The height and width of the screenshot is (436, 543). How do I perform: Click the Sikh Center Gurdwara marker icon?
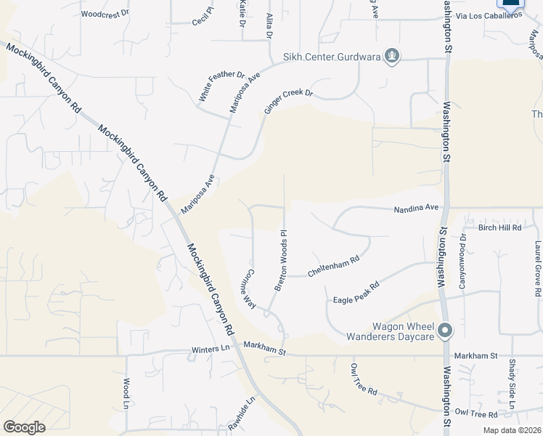392,56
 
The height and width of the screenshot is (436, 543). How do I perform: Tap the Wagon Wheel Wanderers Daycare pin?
446,331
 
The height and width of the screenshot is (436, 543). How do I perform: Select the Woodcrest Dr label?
105,14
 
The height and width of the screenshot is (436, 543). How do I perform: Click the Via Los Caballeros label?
490,15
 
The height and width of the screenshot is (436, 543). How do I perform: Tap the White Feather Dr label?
221,86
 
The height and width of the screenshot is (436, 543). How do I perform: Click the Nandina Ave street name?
417,208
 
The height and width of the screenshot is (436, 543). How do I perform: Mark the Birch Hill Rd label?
499,227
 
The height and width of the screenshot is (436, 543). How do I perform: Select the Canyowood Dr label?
462,259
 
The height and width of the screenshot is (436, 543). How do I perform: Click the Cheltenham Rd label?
333,266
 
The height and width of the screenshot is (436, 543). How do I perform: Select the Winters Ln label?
210,350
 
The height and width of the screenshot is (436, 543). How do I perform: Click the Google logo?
24,427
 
